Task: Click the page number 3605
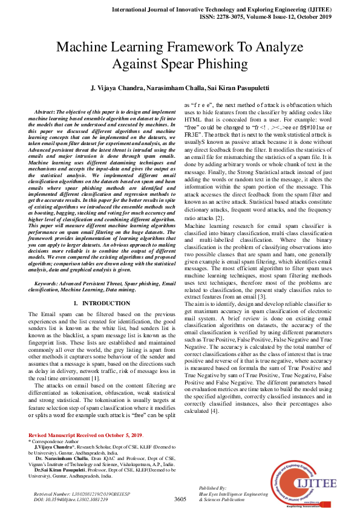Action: [180, 499]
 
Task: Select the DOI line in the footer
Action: [71, 499]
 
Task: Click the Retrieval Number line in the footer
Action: [79, 494]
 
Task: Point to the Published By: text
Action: [212, 487]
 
